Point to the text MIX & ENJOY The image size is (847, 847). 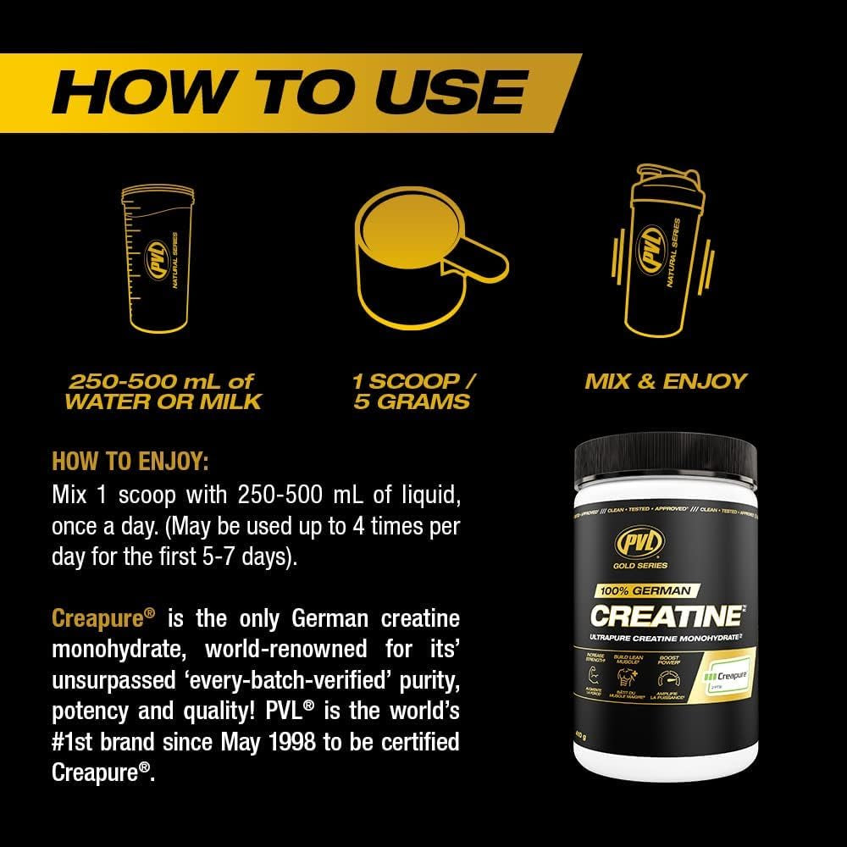(666, 380)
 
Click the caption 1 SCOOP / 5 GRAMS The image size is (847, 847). (414, 390)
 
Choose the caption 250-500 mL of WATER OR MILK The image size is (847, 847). (163, 390)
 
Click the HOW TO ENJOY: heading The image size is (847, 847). (130, 462)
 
